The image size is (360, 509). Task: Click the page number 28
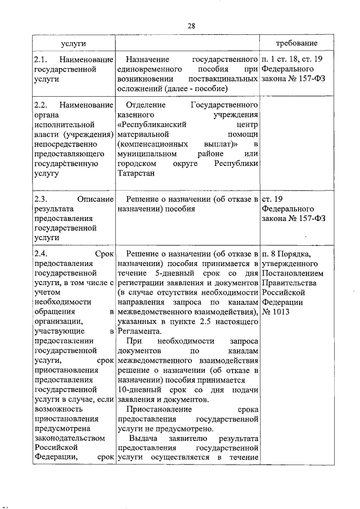coord(191,26)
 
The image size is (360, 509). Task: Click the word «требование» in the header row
coord(296,43)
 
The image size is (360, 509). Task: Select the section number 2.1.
coord(41,58)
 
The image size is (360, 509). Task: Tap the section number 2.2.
coord(41,105)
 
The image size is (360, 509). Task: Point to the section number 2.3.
coord(41,199)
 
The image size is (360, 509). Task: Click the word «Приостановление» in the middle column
coord(159,410)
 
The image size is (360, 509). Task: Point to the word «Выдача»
coord(141,439)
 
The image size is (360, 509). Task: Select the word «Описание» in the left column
coord(96,199)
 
